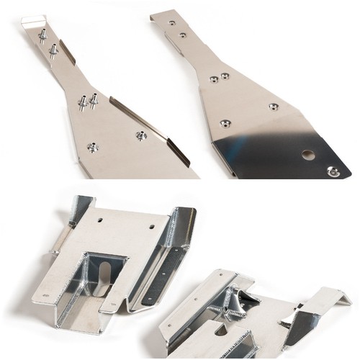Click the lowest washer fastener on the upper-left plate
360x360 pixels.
pos(92,148)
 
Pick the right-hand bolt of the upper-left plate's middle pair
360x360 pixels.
pos(94,99)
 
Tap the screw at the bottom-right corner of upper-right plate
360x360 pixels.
pos(332,171)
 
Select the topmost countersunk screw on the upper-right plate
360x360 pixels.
pos(172,23)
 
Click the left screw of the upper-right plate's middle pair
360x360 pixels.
pos(214,80)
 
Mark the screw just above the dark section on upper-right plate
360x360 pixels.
pos(225,123)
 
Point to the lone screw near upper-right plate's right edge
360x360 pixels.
pos(273,107)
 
